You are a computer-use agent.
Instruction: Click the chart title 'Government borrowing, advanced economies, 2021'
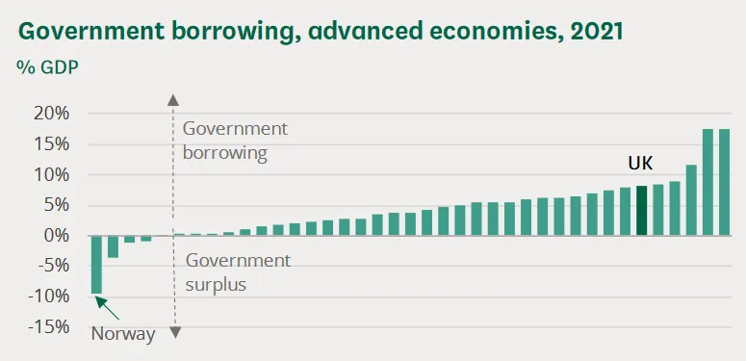click(x=321, y=31)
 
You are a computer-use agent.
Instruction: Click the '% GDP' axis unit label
click(x=47, y=69)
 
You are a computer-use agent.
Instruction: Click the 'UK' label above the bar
click(x=640, y=165)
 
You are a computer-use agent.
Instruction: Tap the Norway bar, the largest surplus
click(x=96, y=265)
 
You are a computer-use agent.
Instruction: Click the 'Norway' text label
click(x=122, y=335)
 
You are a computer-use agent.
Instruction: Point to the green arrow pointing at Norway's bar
click(x=109, y=309)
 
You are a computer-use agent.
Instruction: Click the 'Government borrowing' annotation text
click(x=235, y=141)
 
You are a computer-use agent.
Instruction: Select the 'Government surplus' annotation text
click(x=237, y=271)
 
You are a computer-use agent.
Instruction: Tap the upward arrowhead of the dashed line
click(x=174, y=99)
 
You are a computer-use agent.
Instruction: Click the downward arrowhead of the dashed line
click(x=174, y=332)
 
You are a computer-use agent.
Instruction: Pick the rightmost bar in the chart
click(x=724, y=182)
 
